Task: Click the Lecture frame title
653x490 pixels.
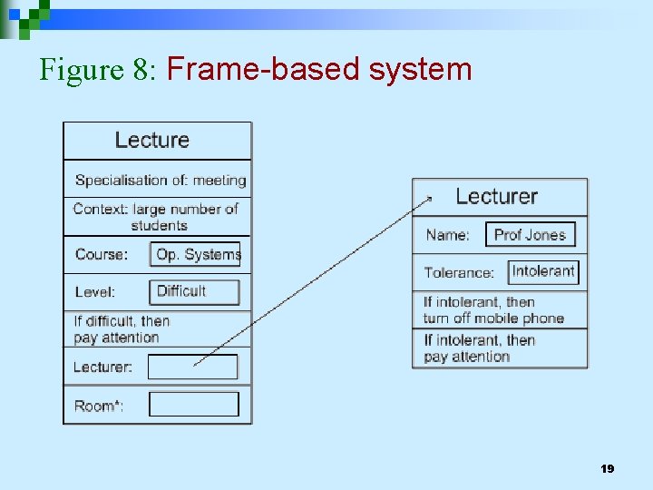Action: click(152, 141)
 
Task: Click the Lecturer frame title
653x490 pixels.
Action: click(496, 197)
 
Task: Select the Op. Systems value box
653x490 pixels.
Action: click(195, 254)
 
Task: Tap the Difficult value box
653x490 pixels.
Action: click(194, 292)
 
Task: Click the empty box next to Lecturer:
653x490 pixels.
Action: click(192, 367)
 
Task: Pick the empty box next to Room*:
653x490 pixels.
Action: click(193, 405)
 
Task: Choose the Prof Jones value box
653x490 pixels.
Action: click(530, 235)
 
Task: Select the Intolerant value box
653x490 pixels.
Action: click(543, 271)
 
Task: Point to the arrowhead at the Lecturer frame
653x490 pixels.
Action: click(428, 197)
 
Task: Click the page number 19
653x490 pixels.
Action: click(608, 469)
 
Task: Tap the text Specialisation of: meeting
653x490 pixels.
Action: click(161, 181)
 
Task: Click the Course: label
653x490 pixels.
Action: click(102, 255)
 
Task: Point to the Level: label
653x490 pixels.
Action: click(95, 292)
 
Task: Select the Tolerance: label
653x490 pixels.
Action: click(459, 272)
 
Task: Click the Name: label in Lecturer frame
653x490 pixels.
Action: click(448, 235)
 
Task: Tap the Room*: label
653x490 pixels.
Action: click(99, 406)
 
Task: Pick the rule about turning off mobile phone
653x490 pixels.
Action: click(493, 310)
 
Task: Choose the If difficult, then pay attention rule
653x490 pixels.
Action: click(122, 329)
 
